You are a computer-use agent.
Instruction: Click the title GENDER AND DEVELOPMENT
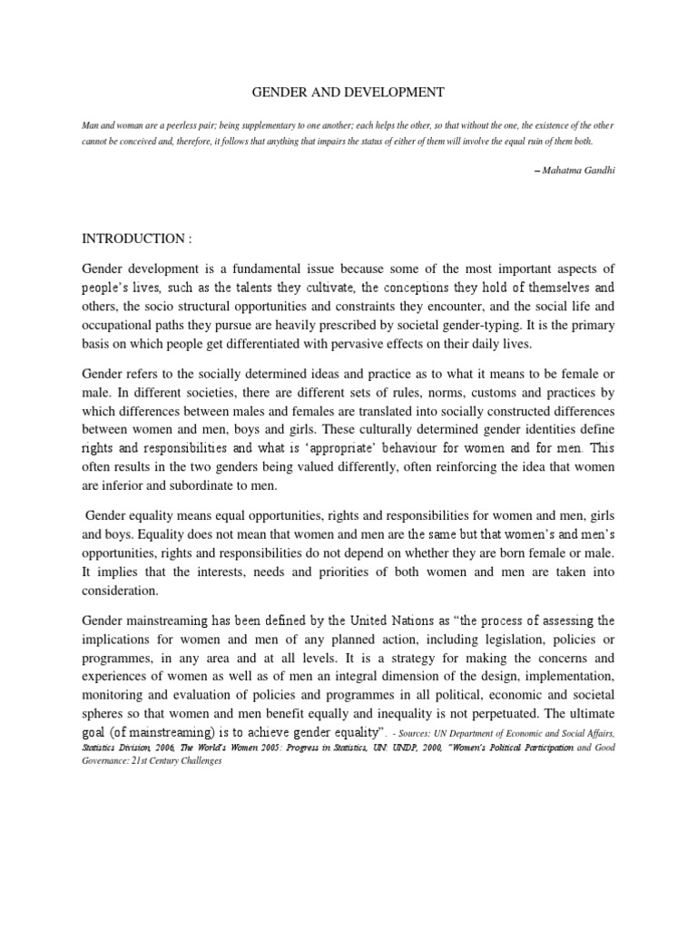coord(348,92)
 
